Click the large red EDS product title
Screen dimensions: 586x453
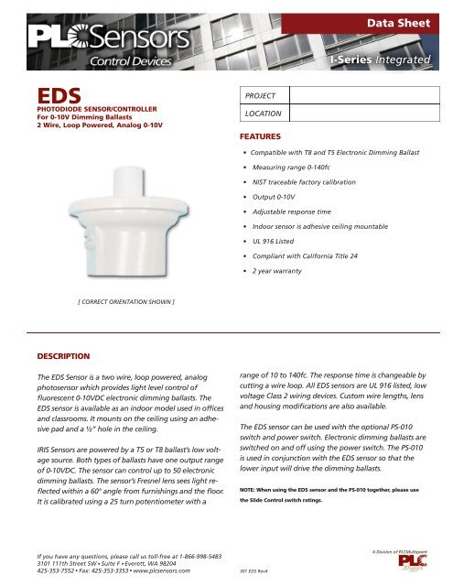pos(54,95)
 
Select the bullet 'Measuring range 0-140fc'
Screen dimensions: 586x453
pos(299,168)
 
